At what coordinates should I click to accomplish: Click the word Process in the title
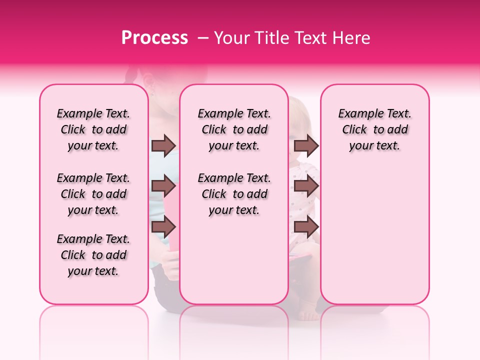tap(154, 38)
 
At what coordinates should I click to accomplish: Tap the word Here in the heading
tap(350, 38)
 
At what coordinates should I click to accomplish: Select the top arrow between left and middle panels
tap(163, 145)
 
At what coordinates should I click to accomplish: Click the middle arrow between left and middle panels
tap(163, 186)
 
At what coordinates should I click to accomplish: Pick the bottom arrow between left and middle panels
tap(163, 226)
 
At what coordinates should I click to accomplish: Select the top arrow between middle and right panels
tap(306, 145)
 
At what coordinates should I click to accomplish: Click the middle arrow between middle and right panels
tap(306, 186)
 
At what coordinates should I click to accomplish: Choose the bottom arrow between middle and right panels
tap(306, 226)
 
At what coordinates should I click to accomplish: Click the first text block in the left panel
tap(93, 129)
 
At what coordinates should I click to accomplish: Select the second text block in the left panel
tap(93, 194)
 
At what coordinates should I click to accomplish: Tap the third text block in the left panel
tap(93, 255)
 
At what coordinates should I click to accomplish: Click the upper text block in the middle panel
tap(234, 129)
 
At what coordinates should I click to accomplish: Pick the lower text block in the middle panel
tap(234, 194)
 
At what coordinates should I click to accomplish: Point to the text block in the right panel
tap(374, 129)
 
